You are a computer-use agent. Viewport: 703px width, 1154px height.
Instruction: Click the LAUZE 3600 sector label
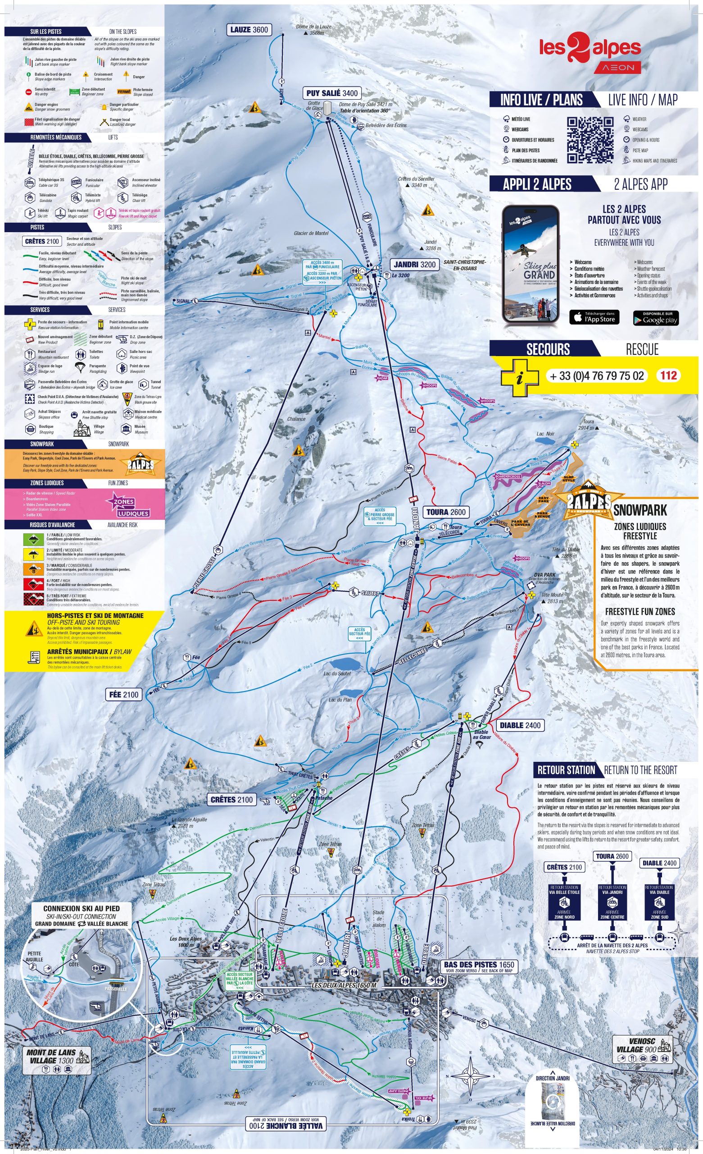click(x=249, y=30)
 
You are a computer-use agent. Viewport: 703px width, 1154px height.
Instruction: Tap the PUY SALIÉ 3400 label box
click(x=332, y=93)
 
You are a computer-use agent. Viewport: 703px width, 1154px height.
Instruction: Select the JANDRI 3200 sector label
click(x=414, y=264)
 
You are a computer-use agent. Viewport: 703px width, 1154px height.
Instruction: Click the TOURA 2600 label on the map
click(x=446, y=512)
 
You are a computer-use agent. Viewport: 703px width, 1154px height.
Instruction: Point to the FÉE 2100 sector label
click(x=123, y=695)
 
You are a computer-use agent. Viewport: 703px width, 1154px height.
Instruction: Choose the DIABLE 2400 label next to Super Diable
click(x=520, y=725)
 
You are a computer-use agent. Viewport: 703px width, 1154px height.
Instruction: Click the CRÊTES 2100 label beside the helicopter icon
click(x=231, y=800)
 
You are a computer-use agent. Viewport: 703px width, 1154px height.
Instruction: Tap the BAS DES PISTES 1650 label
click(x=480, y=964)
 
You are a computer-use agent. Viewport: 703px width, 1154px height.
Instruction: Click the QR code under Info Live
click(x=590, y=140)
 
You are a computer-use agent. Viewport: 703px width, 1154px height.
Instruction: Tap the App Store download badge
click(x=594, y=317)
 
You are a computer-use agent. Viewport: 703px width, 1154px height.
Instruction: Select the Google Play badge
click(x=656, y=318)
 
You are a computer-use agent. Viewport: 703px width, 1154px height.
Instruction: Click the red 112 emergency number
click(x=668, y=376)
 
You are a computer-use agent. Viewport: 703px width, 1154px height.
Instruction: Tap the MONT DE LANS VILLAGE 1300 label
click(x=51, y=1056)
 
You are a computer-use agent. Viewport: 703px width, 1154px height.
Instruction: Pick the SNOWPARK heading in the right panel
click(x=640, y=510)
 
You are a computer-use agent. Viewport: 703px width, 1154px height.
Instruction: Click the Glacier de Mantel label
click(x=311, y=233)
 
